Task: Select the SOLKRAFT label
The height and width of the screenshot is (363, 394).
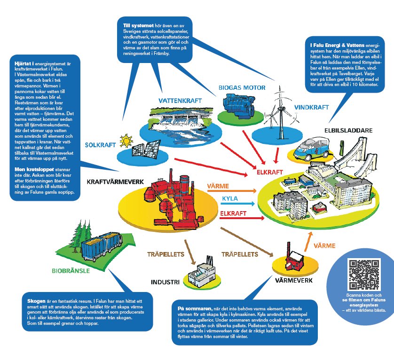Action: click(101, 145)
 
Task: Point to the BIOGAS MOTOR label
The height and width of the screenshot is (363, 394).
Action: click(242, 87)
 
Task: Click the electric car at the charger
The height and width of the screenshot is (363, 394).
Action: click(312, 146)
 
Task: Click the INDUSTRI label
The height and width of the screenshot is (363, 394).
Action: click(165, 283)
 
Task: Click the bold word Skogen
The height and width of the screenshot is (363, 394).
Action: click(36, 300)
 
